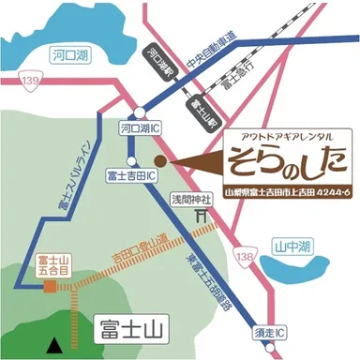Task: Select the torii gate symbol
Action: [x=199, y=216]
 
